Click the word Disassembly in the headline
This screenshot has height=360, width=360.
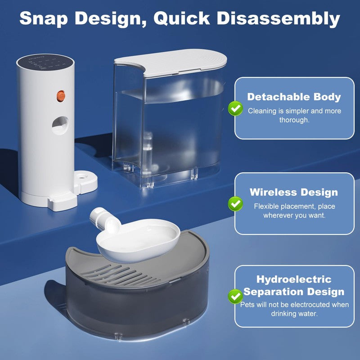tap(278, 18)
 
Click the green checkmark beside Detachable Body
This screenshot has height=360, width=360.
tap(235, 108)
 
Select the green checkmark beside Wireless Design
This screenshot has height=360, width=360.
tap(235, 203)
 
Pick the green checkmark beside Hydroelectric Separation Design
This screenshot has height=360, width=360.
tap(235, 296)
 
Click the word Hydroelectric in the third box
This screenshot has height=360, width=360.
tap(294, 279)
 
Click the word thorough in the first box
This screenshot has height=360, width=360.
tap(294, 120)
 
